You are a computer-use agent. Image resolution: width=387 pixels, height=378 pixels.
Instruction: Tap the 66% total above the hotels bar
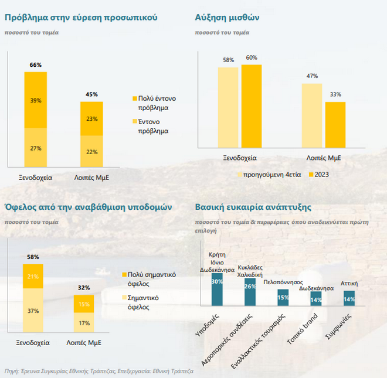tap(36, 65)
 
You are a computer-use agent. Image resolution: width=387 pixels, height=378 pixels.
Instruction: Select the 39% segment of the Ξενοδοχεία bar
tap(36, 100)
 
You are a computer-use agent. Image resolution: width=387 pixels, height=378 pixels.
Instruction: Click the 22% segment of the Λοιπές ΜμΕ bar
tap(91, 152)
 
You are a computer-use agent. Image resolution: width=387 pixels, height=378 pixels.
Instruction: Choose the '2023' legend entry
tap(318, 174)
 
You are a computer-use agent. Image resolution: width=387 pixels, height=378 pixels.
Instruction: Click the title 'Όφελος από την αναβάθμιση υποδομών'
tap(87, 207)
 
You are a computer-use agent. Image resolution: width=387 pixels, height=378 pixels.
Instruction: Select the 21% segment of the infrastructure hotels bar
tap(33, 276)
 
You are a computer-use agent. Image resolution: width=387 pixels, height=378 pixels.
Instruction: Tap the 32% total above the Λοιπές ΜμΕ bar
tap(84, 288)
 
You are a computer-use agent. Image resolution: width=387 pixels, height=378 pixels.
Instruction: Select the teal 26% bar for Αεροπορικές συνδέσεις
tap(250, 290)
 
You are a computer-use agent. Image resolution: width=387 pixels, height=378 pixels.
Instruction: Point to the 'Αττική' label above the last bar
tap(349, 284)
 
